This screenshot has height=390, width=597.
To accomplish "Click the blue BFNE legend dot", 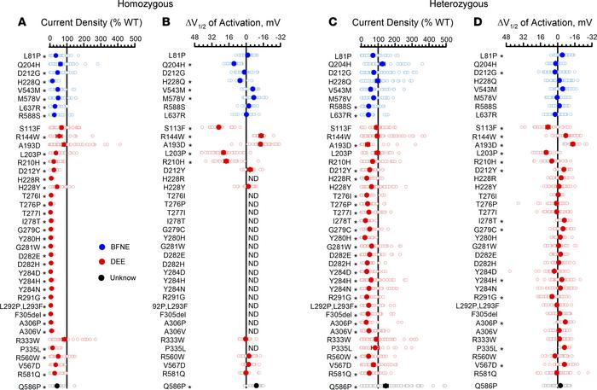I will click(100, 246).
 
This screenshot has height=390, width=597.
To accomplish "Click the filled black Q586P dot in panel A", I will click(57, 386).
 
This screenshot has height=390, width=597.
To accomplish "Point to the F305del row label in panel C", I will click(334, 315).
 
